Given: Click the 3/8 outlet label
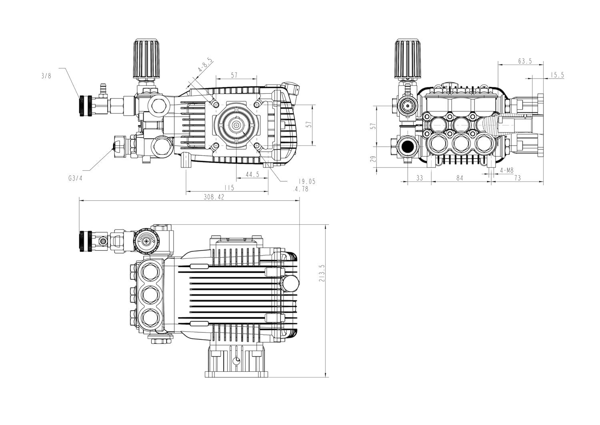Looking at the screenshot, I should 47,76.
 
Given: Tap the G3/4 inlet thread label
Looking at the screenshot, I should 75,179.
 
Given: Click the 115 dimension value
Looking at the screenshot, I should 229,187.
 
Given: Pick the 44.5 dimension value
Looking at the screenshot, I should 252,175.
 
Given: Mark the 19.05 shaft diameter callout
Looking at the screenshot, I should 307,181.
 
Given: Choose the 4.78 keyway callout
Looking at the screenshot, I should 301,189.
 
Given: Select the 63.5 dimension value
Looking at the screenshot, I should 525,61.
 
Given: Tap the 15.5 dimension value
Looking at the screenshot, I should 557,75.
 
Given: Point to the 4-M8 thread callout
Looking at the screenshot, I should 507,171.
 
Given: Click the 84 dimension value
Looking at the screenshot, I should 459,178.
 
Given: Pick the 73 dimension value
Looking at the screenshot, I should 518,178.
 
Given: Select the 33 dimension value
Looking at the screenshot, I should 420,178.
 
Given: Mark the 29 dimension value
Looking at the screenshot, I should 372,159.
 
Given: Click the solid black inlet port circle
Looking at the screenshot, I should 408,147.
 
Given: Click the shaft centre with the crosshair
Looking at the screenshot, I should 237,125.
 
